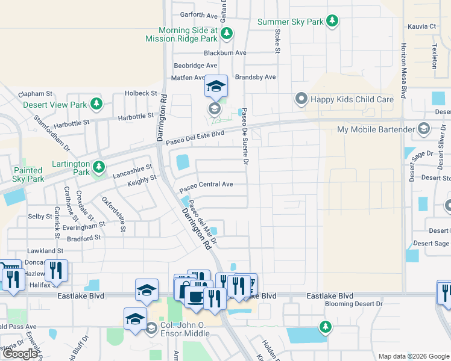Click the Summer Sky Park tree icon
coord(332,22)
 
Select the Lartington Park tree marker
coord(99,167)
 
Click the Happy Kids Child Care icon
coord(301,99)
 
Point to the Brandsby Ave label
coord(255,77)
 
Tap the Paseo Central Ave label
coord(206,185)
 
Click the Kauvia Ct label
coord(421,26)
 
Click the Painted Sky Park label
coord(28,174)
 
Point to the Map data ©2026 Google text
coord(414,356)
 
